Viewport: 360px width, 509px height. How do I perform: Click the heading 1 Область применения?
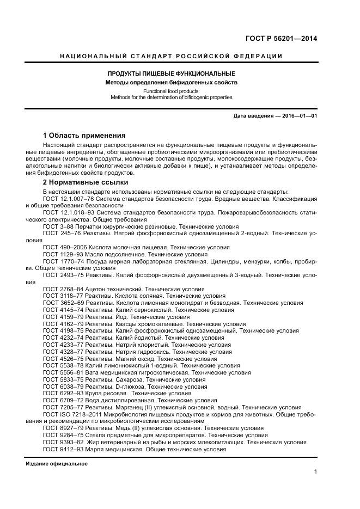(x=84, y=135)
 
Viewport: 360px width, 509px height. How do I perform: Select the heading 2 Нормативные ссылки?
(x=85, y=182)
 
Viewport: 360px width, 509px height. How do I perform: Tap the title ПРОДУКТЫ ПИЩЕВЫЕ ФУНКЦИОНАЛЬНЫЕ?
(x=171, y=74)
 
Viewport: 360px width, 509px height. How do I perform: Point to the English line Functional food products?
(x=171, y=91)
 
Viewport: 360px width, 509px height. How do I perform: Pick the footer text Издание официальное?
(x=57, y=464)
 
